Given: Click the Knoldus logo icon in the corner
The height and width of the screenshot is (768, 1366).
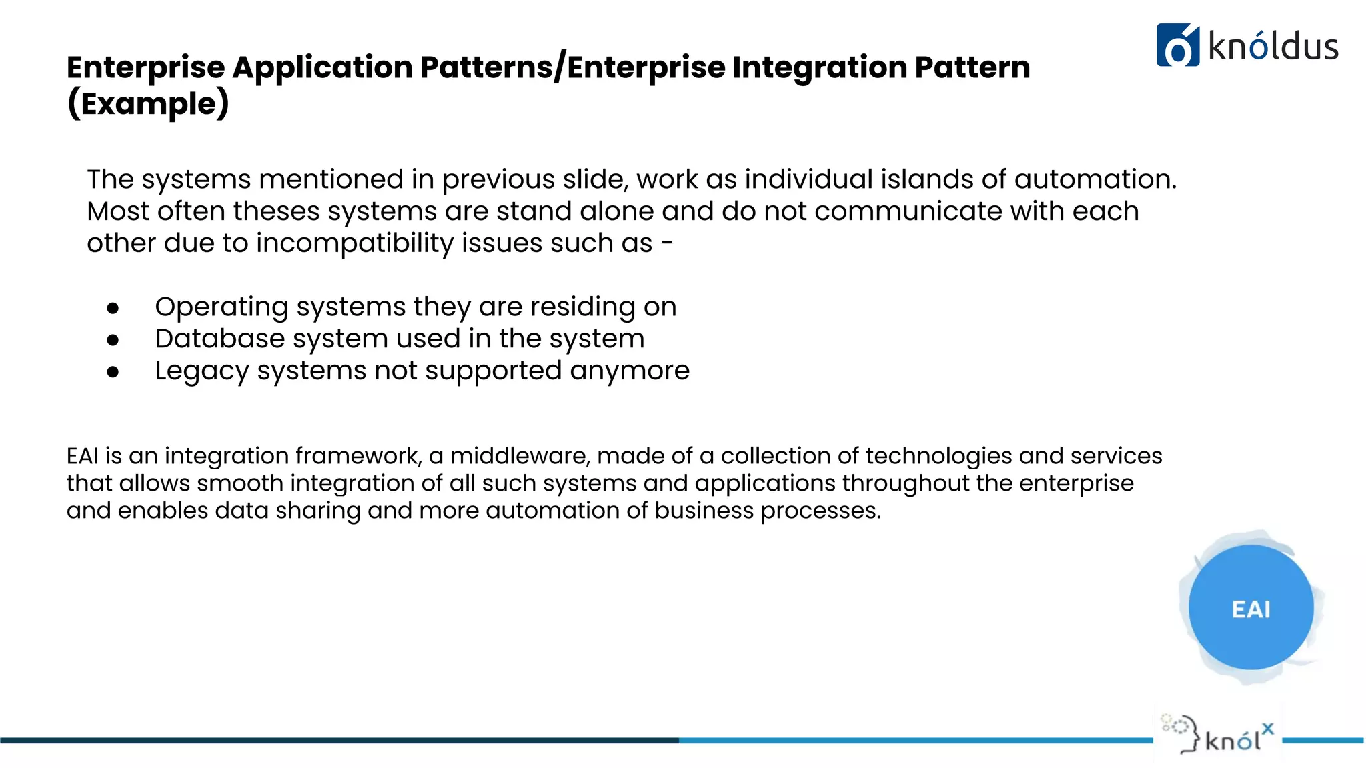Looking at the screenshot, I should point(1177,45).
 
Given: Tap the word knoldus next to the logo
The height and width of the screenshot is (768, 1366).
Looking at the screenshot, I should point(1273,47).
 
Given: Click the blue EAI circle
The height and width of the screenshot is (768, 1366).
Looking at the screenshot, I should point(1251,607).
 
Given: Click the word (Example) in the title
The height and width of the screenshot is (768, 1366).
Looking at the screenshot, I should point(148,104).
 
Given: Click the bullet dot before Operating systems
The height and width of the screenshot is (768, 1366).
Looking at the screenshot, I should point(113,308).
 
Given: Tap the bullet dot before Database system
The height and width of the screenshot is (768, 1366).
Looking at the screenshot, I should point(113,340).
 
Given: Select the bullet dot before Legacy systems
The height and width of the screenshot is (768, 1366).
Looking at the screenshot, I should point(113,372).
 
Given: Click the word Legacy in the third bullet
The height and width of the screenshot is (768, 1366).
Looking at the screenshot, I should point(202,371).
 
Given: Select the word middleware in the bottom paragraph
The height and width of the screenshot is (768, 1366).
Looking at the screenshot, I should point(520,456).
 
